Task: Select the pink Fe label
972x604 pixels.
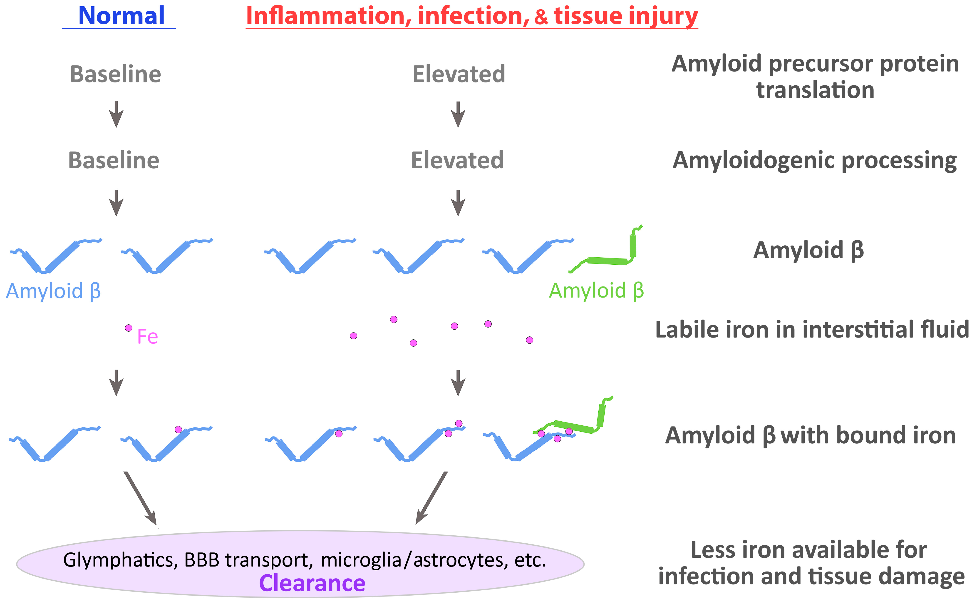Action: (x=147, y=337)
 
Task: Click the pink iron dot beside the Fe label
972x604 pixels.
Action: (x=129, y=328)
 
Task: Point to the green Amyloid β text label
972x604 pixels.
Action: (x=596, y=291)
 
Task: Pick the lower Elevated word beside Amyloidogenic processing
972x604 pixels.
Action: (x=457, y=161)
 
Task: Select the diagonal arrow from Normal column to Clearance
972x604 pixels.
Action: (x=140, y=498)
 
